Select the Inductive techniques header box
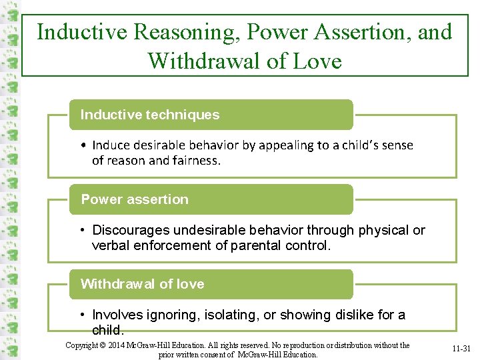(x=211, y=115)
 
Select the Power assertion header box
(x=211, y=199)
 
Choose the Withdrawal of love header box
(x=211, y=284)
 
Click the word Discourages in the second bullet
(x=131, y=230)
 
